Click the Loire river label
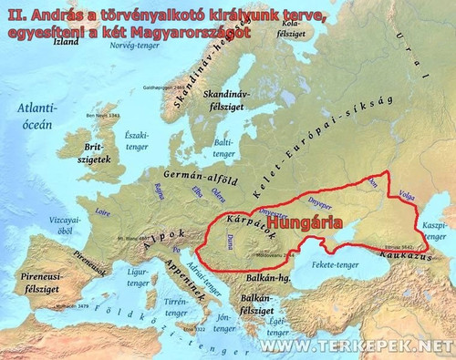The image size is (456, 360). (x=102, y=210)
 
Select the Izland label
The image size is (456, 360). (x=66, y=41)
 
